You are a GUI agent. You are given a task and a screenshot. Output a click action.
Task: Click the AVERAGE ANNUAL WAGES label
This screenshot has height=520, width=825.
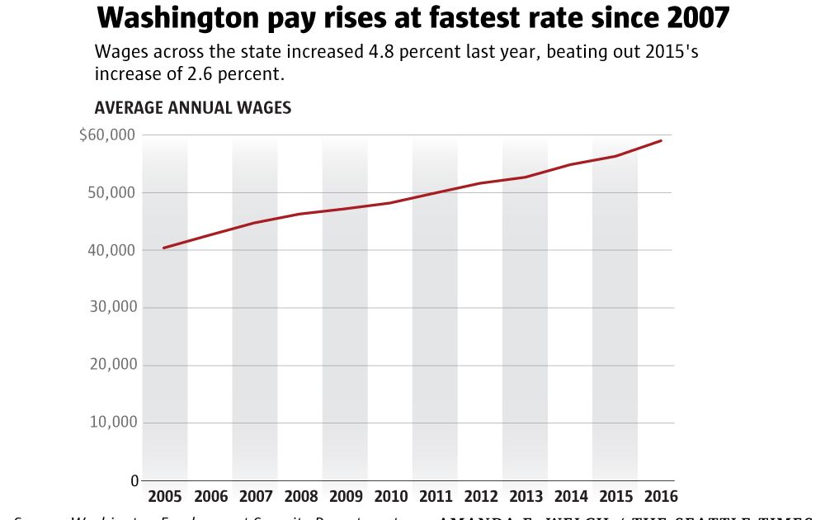(x=192, y=108)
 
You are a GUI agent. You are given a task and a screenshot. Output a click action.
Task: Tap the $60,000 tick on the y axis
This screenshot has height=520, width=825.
(x=107, y=135)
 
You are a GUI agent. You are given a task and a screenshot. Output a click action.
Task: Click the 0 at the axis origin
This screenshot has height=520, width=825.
(x=134, y=480)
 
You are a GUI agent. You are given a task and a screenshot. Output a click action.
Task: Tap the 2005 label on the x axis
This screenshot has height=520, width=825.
(x=165, y=497)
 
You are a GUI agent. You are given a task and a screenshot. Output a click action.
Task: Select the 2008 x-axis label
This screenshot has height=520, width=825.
(x=300, y=497)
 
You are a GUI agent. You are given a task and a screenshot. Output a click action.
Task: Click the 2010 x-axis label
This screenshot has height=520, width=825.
(x=390, y=497)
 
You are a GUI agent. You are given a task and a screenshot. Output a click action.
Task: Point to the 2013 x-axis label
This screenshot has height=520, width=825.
(x=526, y=497)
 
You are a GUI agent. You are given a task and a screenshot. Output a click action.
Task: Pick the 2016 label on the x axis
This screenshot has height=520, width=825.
(x=661, y=497)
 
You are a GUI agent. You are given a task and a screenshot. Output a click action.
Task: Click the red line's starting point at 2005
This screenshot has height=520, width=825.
(x=164, y=248)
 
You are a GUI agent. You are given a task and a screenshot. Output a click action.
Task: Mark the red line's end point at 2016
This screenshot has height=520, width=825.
(x=661, y=140)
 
